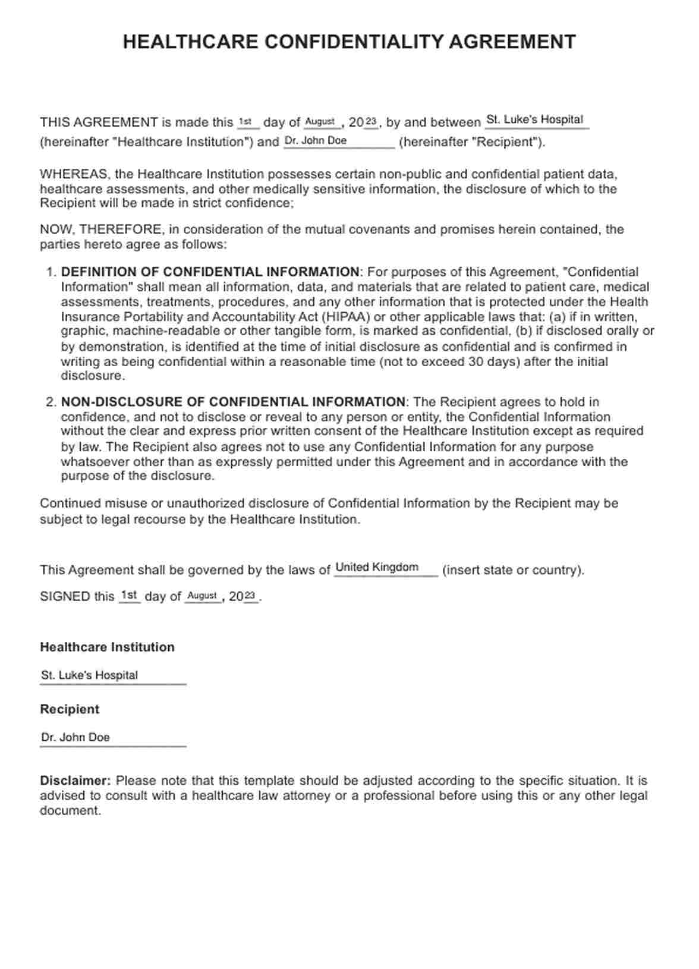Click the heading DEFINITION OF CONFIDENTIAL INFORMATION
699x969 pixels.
[x=210, y=272]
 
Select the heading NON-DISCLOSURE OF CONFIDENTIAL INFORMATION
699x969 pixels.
[x=233, y=402]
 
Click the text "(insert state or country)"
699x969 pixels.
[x=513, y=570]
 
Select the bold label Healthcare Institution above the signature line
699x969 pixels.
[x=107, y=647]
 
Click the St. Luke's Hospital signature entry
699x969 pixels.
[x=89, y=675]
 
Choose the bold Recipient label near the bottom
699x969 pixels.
[x=70, y=709]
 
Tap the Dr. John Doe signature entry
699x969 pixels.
[x=75, y=737]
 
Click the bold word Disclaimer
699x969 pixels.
[x=75, y=781]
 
